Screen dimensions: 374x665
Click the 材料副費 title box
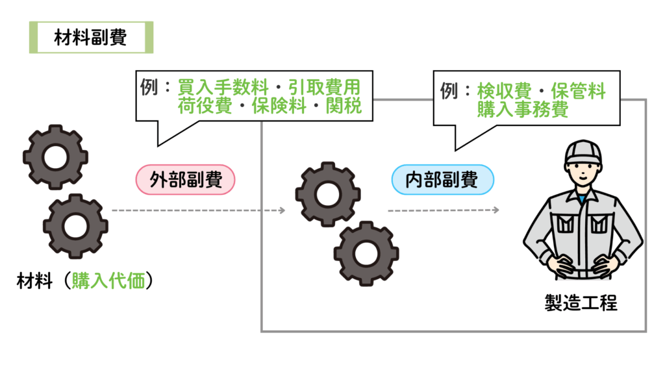coord(91,38)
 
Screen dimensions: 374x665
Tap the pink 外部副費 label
coord(186,179)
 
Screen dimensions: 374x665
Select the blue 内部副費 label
coord(442,180)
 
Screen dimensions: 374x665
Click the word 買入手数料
coord(217,86)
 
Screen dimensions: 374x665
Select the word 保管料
coord(578,91)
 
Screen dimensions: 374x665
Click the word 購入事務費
coord(523,109)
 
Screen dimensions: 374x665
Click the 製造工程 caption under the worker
coord(581,303)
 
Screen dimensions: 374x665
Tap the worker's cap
coord(582,152)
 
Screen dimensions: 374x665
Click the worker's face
coord(582,174)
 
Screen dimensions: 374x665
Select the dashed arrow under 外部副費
coord(198,210)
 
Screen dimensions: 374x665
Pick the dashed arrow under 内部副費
coord(444,210)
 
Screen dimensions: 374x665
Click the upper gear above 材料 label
coord(55,156)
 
